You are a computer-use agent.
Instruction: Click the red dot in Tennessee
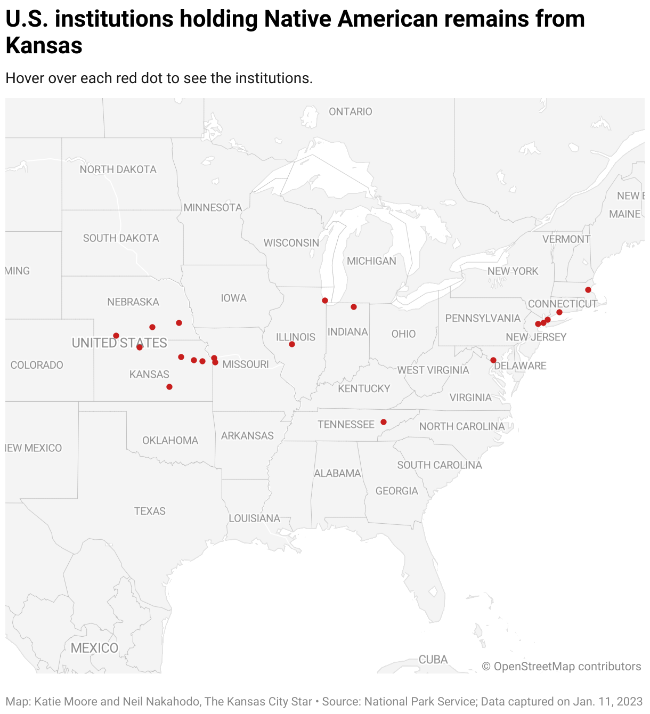pyautogui.click(x=384, y=422)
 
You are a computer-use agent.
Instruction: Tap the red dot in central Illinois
pyautogui.click(x=292, y=344)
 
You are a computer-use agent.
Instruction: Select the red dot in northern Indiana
pyautogui.click(x=354, y=307)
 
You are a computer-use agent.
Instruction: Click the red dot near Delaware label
pyautogui.click(x=493, y=360)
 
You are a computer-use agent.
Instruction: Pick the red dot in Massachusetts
pyautogui.click(x=588, y=290)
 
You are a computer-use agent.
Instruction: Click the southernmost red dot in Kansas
pyautogui.click(x=169, y=387)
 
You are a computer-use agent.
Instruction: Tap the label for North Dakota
pyautogui.click(x=118, y=169)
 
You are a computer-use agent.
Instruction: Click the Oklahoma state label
pyautogui.click(x=170, y=441)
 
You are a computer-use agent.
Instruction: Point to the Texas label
pyautogui.click(x=150, y=511)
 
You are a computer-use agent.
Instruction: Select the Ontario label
pyautogui.click(x=351, y=111)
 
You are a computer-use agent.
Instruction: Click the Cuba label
pyautogui.click(x=433, y=660)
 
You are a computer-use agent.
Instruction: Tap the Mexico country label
pyautogui.click(x=94, y=648)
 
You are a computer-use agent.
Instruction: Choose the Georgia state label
pyautogui.click(x=397, y=491)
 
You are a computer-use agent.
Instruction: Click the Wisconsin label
pyautogui.click(x=291, y=243)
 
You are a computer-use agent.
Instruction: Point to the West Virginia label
pyautogui.click(x=433, y=370)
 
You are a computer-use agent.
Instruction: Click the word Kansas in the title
pyautogui.click(x=44, y=46)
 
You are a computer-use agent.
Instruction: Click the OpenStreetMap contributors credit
pyautogui.click(x=562, y=667)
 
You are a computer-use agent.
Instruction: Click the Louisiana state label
pyautogui.click(x=254, y=518)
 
